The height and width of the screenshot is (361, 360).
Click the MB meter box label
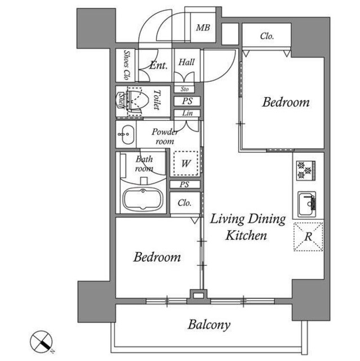pos(203,28)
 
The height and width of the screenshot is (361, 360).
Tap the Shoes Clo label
pos(127,65)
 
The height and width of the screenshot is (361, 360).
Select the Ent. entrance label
pos(158,65)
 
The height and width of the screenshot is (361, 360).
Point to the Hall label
pos(186,62)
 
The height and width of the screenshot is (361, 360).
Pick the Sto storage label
pos(185,89)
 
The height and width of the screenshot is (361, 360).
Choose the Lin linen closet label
pos(188,113)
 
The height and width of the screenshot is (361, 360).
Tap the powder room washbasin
pos(126,135)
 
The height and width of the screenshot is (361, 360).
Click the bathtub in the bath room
pos(143,199)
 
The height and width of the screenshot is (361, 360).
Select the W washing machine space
pos(186,163)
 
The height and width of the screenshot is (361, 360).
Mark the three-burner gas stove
pos(305,170)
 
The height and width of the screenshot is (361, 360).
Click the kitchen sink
pos(307,204)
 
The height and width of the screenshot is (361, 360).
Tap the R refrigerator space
pos(308,236)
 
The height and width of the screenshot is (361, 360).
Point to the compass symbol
pos(42,342)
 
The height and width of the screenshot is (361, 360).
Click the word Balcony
pos(209,325)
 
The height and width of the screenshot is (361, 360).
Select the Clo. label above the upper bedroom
pos(267,36)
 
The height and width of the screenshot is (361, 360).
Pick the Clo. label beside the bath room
pos(185,203)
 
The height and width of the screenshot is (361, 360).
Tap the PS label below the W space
pos(185,184)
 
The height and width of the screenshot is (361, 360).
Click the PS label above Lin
pos(188,101)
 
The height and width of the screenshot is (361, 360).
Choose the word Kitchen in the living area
pos(246,236)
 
